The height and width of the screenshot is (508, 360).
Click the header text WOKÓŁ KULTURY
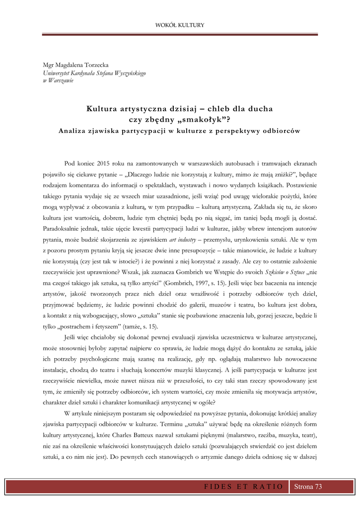180,25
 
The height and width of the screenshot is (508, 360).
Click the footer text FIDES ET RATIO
243,487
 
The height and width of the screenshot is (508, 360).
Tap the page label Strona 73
308,487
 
